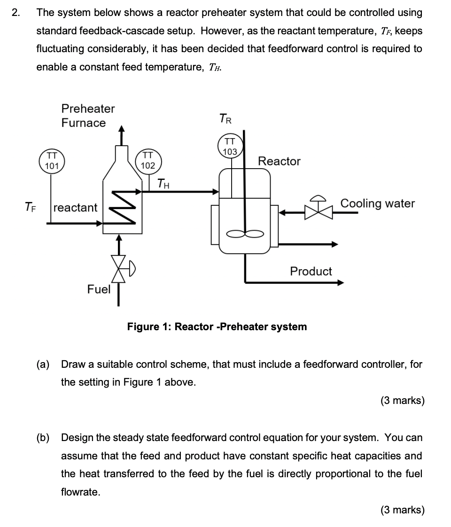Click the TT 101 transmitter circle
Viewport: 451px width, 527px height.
[x=52, y=160]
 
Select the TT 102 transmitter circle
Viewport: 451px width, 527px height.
[x=148, y=160]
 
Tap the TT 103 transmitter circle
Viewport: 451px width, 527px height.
[x=230, y=146]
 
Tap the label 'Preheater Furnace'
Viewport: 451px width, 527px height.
[x=88, y=116]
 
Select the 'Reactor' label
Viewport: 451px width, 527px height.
[x=279, y=161]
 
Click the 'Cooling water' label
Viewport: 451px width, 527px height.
[x=377, y=203]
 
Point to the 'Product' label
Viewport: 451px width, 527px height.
[x=311, y=271]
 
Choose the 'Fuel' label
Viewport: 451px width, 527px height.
[x=99, y=289]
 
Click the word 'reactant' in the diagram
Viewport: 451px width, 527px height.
[x=76, y=207]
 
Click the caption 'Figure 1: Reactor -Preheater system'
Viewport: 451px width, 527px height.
[x=217, y=326]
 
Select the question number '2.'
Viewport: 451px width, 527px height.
[x=16, y=13]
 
